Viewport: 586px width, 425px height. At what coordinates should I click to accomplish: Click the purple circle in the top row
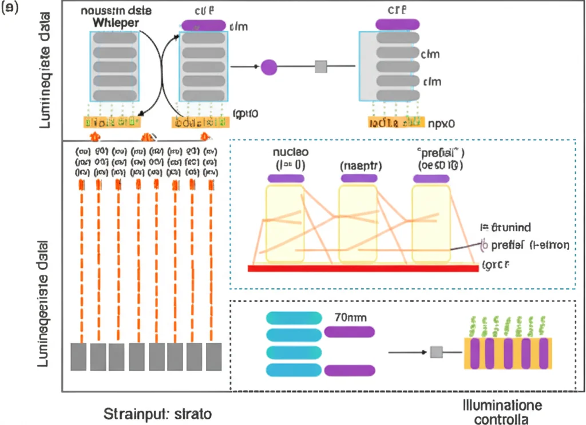pos(269,67)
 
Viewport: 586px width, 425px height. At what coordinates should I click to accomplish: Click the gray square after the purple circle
pos(321,67)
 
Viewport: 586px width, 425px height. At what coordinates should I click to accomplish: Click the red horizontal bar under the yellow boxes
pos(363,268)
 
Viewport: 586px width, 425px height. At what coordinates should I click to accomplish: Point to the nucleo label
pos(290,153)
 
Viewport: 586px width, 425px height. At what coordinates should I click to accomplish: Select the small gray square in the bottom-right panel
pos(437,352)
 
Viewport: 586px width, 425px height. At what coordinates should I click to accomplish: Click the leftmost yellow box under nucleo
pos(285,223)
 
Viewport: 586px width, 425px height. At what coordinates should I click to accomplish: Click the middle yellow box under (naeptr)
pos(358,223)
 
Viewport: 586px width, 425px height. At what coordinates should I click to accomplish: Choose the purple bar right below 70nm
pos(349,331)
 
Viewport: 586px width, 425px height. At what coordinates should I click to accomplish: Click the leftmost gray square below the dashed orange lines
pos(78,356)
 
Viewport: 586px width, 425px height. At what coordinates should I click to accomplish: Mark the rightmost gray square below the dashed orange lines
pos(213,356)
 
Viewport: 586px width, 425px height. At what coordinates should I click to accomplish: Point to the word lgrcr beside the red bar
pos(496,265)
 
